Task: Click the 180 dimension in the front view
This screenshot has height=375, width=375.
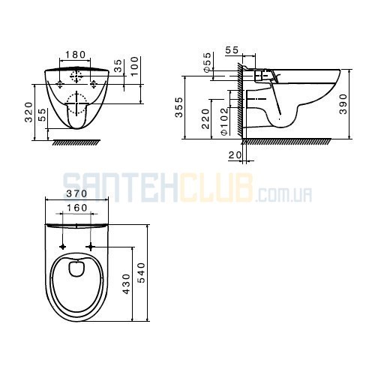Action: tap(75, 54)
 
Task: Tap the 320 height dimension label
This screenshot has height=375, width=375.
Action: tap(28, 112)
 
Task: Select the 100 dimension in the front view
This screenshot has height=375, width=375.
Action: tap(134, 67)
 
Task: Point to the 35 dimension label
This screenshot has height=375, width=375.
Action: tap(118, 65)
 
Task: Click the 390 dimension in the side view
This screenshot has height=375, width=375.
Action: tap(343, 104)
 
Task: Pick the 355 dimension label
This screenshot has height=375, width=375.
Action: tap(178, 107)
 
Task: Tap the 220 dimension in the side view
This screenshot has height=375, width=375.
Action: tap(205, 118)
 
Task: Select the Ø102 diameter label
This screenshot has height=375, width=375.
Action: tap(224, 121)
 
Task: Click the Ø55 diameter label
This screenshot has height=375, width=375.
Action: tap(207, 62)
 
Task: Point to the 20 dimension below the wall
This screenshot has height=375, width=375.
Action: tap(235, 155)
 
